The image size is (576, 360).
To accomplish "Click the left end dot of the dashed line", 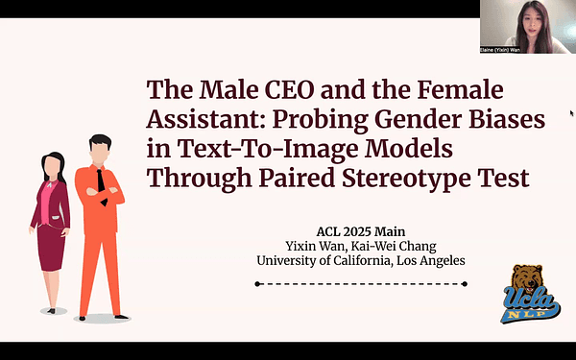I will click(x=256, y=284).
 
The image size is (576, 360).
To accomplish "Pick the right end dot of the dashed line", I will click(x=465, y=284).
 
